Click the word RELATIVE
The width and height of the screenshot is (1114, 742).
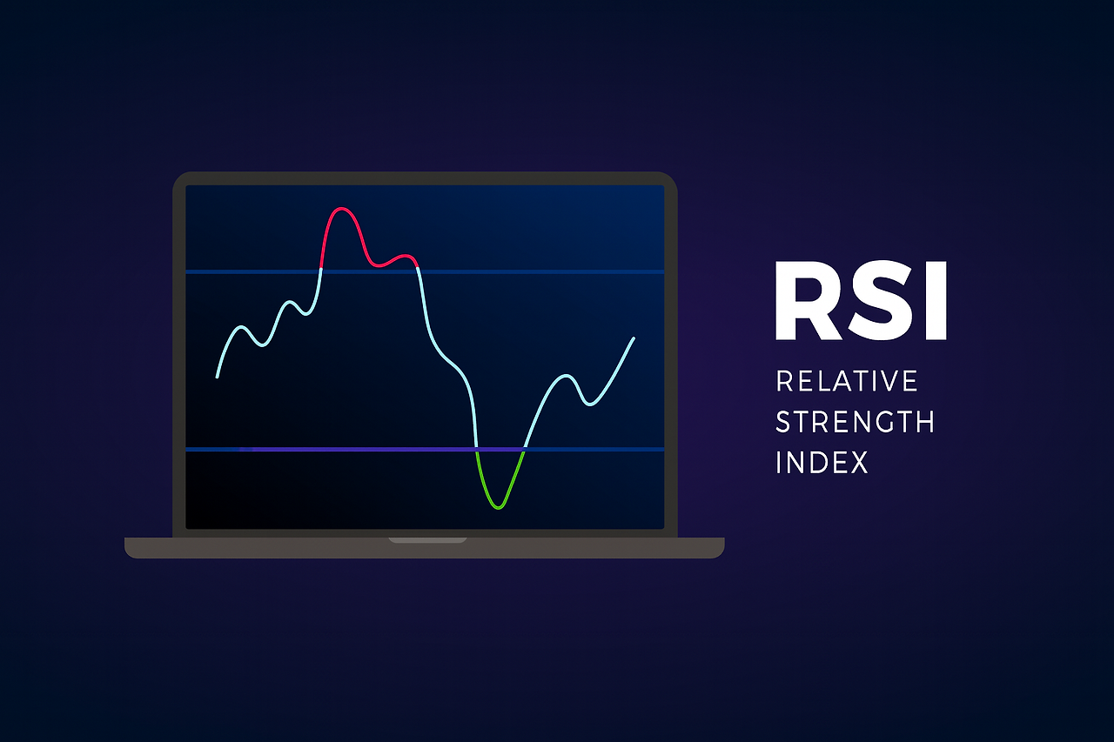tap(846, 381)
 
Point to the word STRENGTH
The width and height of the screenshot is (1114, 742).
tap(855, 422)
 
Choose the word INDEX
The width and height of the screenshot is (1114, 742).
tap(822, 462)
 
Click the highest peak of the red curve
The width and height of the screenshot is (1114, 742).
tap(341, 209)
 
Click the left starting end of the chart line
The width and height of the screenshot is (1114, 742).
tap(217, 377)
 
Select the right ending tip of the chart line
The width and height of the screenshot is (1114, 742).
tap(634, 338)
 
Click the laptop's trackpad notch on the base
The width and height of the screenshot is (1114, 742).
tap(426, 541)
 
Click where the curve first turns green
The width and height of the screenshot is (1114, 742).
tap(477, 450)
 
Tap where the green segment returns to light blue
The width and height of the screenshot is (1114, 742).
tap(523, 450)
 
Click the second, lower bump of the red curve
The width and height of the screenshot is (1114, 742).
tap(404, 256)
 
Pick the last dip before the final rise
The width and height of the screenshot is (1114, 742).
tap(590, 404)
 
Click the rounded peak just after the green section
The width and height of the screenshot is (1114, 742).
tap(566, 376)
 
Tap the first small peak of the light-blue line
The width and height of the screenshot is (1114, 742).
tap(242, 327)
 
